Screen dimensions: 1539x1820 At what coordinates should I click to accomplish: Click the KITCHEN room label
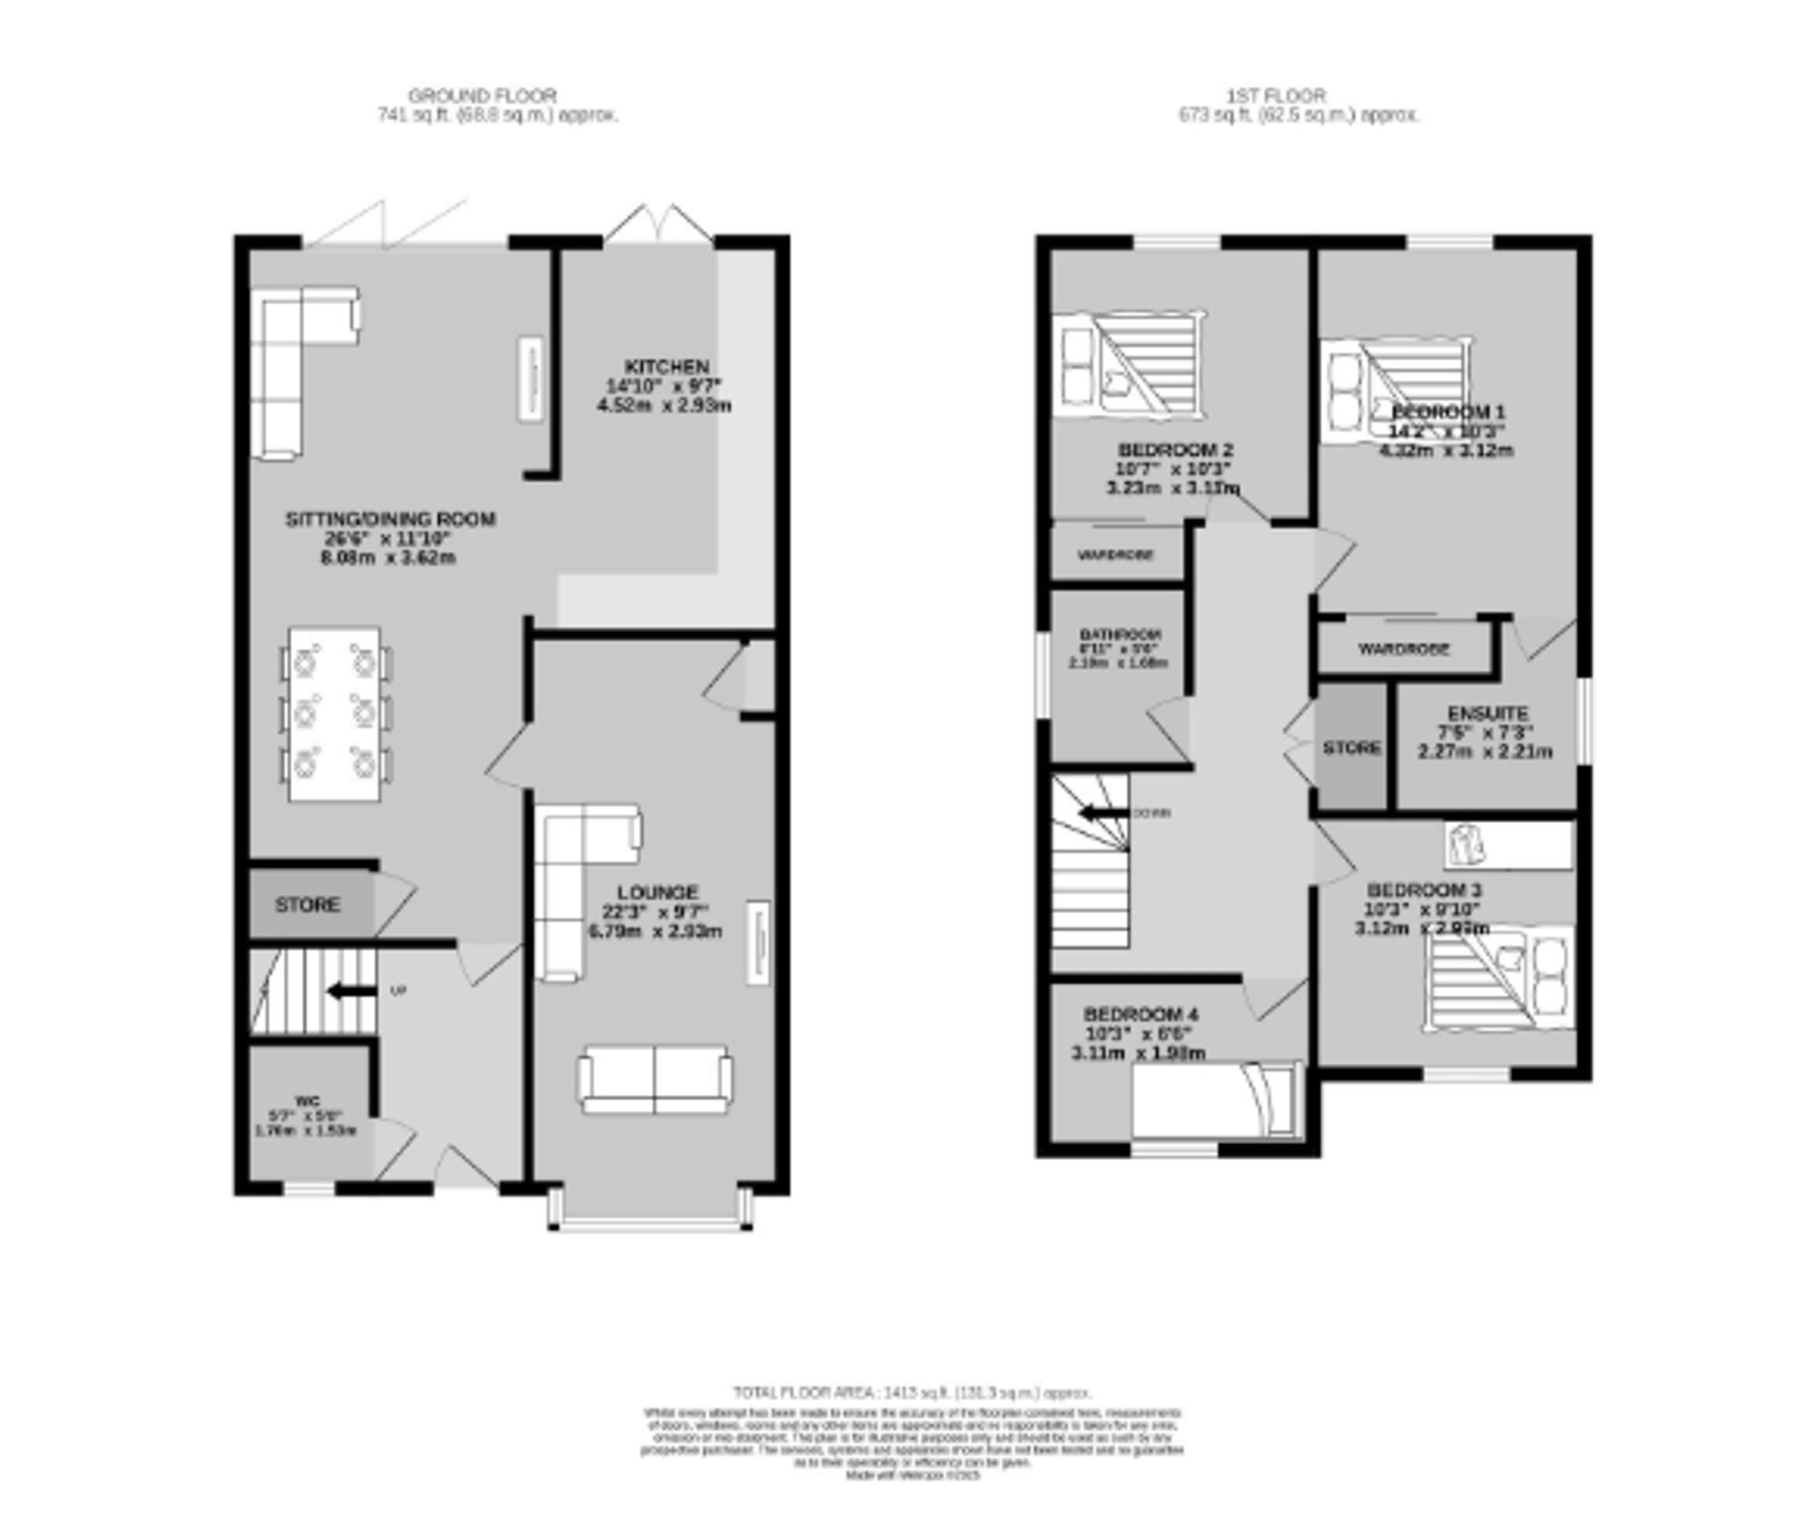666,367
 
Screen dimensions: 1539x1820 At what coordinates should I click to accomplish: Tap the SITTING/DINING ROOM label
390,519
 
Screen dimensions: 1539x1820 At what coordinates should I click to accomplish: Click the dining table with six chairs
334,714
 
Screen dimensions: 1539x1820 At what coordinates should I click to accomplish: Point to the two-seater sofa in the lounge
654,1079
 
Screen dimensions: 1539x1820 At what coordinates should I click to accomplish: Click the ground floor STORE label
308,905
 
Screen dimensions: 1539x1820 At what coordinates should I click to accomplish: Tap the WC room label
308,1101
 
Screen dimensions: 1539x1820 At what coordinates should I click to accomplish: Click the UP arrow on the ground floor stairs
351,991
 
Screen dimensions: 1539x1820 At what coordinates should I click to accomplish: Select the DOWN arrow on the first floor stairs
1101,813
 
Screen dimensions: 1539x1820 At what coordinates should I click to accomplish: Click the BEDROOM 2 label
1175,450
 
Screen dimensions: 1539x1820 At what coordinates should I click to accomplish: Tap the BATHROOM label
1120,634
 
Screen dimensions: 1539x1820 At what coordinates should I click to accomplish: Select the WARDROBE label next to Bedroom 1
1403,649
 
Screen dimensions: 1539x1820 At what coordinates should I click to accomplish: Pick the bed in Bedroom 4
1216,1099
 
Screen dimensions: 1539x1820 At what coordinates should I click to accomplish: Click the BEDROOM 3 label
1423,889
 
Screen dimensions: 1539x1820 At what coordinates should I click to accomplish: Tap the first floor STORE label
1351,747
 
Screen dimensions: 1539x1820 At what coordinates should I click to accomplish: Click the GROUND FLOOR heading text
481,95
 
